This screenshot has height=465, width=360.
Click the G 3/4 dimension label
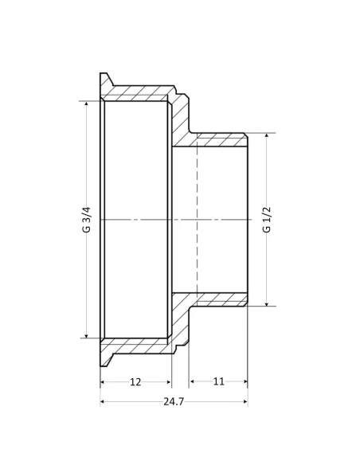pyautogui.click(x=86, y=219)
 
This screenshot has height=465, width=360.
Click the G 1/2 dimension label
pyautogui.click(x=267, y=219)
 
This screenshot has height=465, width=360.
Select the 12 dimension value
pyautogui.click(x=135, y=382)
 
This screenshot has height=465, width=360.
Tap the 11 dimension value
pyautogui.click(x=219, y=382)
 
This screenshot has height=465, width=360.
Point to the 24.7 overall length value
pyautogui.click(x=174, y=402)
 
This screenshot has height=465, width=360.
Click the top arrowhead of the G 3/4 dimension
pyautogui.click(x=86, y=104)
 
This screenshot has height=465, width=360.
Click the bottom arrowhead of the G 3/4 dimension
pyautogui.click(x=86, y=334)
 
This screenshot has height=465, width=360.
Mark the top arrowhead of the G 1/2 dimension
pyautogui.click(x=267, y=136)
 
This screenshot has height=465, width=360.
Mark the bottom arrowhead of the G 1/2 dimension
pyautogui.click(x=267, y=303)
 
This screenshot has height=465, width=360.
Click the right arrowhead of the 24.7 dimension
pyautogui.click(x=245, y=402)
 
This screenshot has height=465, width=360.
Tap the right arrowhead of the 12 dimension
pyautogui.click(x=169, y=383)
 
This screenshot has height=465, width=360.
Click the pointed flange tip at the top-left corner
pyautogui.click(x=104, y=76)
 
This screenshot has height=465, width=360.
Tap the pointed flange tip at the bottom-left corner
pyautogui.click(x=104, y=364)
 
